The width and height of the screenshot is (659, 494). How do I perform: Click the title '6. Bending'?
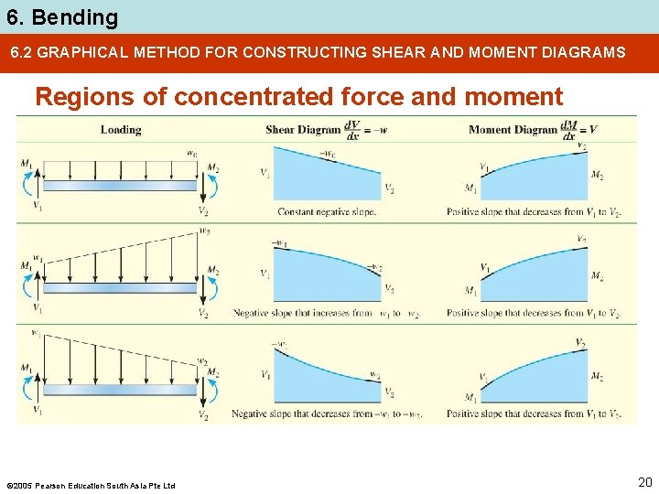(x=60, y=17)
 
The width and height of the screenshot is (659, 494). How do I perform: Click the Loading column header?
(x=121, y=130)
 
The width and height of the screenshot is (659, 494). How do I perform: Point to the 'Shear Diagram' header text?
(x=302, y=130)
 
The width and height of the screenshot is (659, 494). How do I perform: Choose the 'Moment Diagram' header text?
(x=512, y=130)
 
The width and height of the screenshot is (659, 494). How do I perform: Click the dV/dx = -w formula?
(x=365, y=130)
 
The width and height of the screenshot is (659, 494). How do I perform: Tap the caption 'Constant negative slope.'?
(x=327, y=212)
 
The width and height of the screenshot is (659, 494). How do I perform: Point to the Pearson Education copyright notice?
(x=91, y=485)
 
